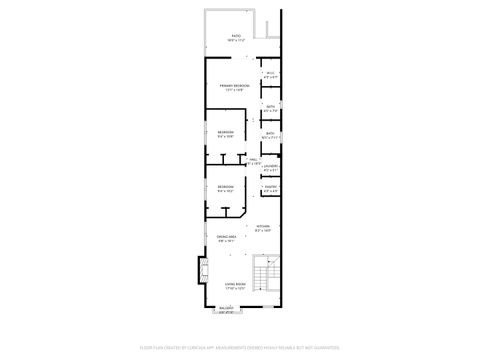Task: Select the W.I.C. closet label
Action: (x=270, y=74)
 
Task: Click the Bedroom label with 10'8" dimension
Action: (x=226, y=132)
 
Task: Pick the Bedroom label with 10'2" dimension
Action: (x=226, y=186)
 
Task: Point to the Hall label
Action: (x=254, y=159)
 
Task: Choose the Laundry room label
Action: (x=270, y=166)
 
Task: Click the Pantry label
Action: (x=270, y=186)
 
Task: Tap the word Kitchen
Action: (x=264, y=227)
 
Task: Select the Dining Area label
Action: (x=225, y=237)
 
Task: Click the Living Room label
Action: (x=235, y=284)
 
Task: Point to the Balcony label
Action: (x=228, y=309)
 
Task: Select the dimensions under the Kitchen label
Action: (x=264, y=232)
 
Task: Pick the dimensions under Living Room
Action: (x=235, y=289)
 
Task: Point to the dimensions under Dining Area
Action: (x=225, y=241)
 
